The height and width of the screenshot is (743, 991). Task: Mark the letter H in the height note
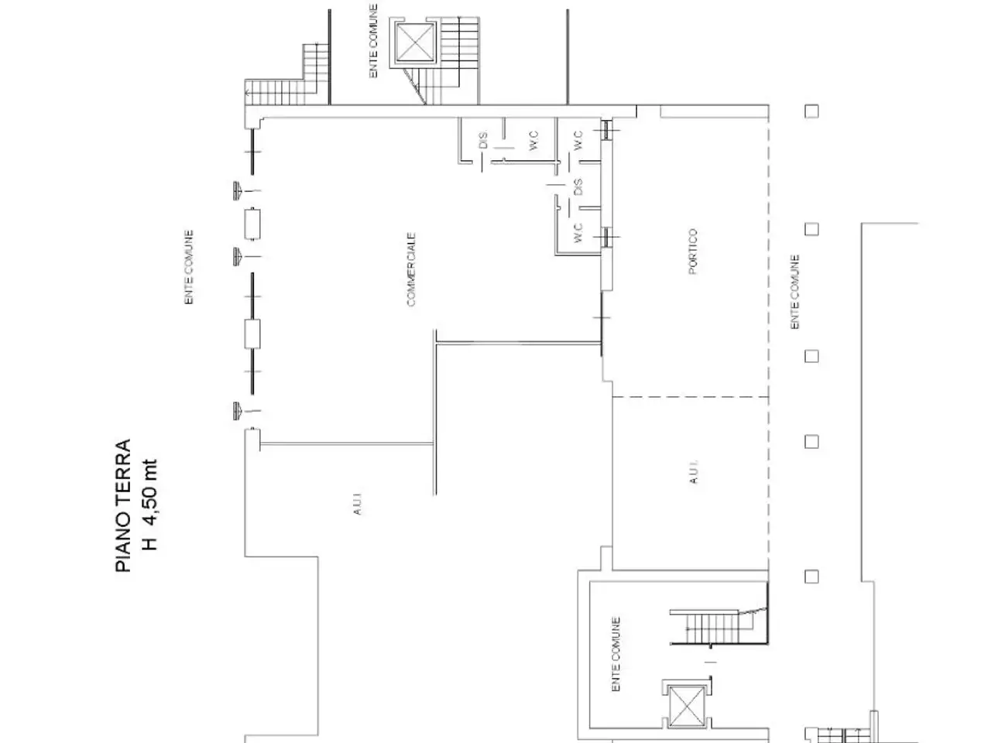click(x=151, y=543)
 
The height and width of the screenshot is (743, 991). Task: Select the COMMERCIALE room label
click(x=411, y=269)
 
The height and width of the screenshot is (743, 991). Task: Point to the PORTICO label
click(x=693, y=252)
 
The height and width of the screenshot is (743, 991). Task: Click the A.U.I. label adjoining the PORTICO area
click(x=694, y=472)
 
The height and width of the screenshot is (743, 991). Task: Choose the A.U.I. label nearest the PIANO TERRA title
click(x=357, y=503)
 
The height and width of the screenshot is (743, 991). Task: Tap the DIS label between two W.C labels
click(x=578, y=187)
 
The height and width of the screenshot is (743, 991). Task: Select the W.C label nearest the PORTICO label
click(x=578, y=232)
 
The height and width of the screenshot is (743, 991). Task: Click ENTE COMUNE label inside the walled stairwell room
click(x=616, y=654)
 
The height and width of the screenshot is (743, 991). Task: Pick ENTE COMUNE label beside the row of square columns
click(x=794, y=292)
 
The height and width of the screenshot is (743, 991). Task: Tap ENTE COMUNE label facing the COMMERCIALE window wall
click(x=189, y=267)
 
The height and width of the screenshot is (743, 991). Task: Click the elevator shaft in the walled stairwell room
click(x=686, y=707)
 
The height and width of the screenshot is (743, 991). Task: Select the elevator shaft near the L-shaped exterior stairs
click(x=414, y=43)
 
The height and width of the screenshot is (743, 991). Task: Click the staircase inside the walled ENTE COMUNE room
click(x=718, y=628)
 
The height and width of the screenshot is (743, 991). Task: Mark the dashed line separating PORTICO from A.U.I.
click(x=691, y=397)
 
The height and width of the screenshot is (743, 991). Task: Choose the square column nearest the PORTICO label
click(x=811, y=230)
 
